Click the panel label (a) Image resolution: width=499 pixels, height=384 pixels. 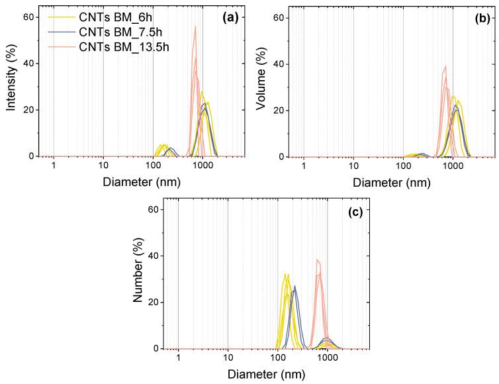click(232, 17)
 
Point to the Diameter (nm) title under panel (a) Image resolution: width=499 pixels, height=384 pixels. click(142, 182)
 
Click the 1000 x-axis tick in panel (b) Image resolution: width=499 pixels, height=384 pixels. click(453, 166)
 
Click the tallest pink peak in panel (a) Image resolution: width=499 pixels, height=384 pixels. click(195, 26)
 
